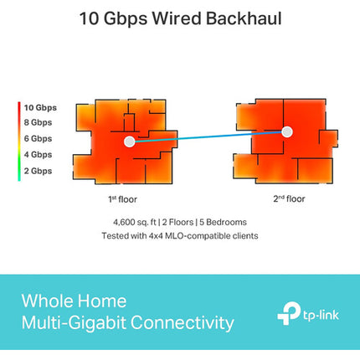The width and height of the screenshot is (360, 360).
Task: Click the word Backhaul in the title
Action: click(x=244, y=18)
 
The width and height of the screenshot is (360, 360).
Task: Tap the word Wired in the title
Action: click(x=177, y=18)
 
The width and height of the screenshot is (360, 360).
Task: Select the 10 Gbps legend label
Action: click(x=40, y=108)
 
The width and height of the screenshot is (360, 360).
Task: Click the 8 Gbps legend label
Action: click(x=38, y=122)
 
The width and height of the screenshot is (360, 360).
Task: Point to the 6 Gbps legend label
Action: click(x=38, y=138)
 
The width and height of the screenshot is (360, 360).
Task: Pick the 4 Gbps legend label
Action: click(x=38, y=155)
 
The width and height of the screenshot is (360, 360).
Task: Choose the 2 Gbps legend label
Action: click(x=38, y=171)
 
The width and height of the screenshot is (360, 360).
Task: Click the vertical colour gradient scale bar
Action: click(x=19, y=141)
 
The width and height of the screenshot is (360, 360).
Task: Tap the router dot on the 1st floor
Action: click(x=129, y=141)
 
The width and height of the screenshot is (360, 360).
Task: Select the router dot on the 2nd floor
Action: click(x=287, y=132)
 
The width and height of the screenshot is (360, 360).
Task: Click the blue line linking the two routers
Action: click(x=208, y=136)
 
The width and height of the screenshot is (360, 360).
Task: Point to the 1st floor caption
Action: click(x=122, y=199)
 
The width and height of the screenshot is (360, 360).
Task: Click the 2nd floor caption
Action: click(x=289, y=198)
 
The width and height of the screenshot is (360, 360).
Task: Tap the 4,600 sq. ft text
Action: click(x=135, y=223)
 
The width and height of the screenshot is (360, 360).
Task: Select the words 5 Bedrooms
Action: click(x=223, y=223)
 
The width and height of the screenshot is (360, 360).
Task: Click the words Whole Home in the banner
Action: click(x=74, y=301)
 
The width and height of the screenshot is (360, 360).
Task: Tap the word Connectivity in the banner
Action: click(x=183, y=323)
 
